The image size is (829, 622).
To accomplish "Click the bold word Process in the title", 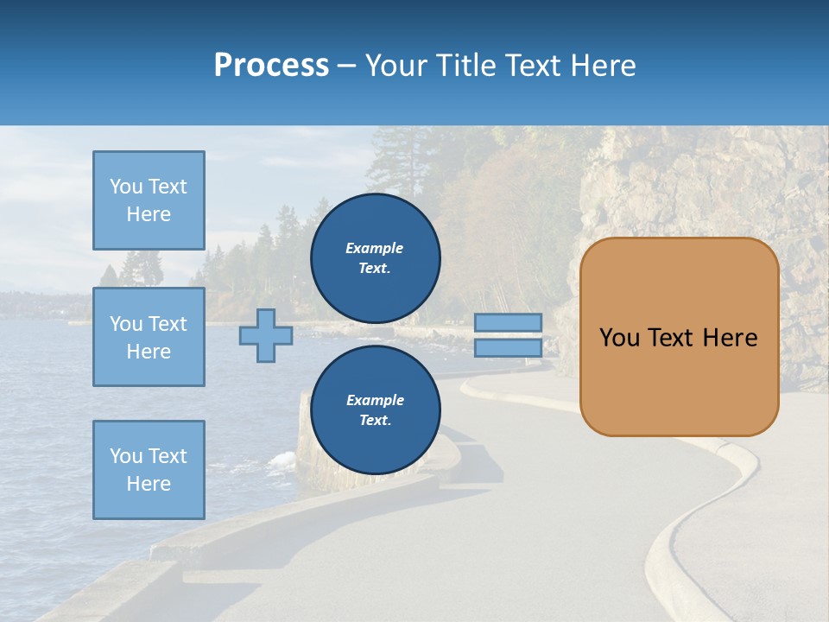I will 271,66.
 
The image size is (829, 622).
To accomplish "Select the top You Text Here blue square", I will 149,200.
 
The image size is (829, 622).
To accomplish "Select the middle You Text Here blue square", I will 149,337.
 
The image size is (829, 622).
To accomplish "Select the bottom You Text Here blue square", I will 149,470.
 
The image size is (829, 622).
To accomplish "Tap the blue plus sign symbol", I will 266,335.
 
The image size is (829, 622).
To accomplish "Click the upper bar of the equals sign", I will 508,322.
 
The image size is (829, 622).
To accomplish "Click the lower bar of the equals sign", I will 508,348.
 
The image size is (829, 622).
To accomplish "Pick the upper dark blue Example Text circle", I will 375,257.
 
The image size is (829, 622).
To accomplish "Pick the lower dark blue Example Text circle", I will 375,409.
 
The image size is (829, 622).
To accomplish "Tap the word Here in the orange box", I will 730,338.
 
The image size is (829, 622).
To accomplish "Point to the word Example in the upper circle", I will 375,248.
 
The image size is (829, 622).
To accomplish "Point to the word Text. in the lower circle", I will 375,421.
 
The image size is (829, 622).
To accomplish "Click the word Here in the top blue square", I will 149,214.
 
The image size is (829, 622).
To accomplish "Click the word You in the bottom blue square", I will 126,456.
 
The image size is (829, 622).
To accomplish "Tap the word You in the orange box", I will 618,338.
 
